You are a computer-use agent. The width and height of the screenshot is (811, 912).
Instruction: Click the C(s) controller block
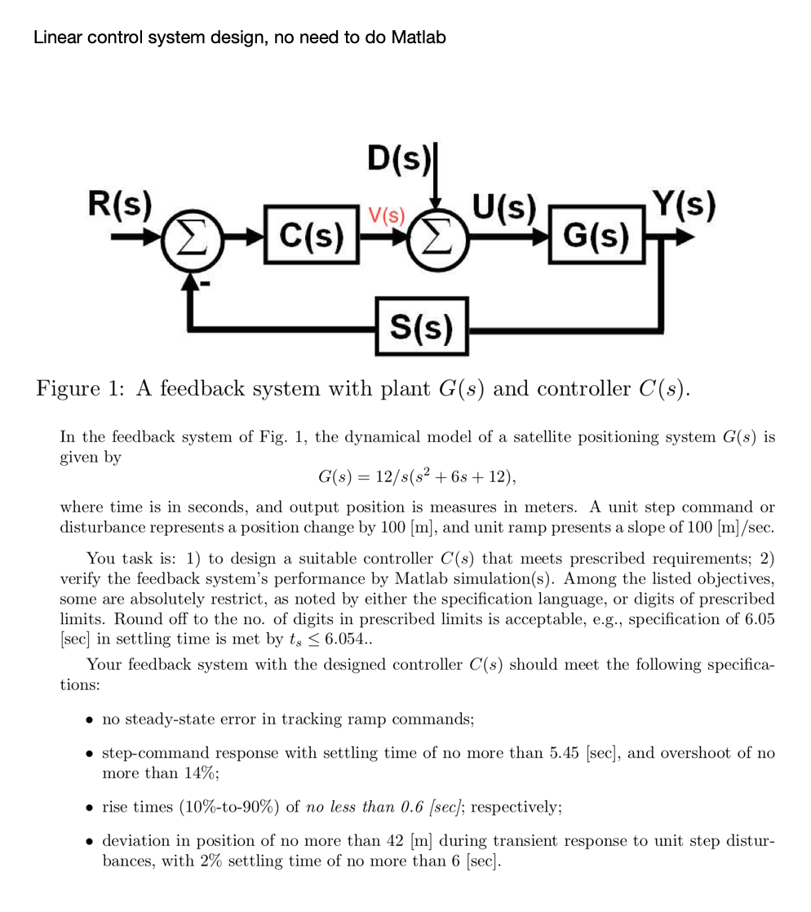click(x=312, y=237)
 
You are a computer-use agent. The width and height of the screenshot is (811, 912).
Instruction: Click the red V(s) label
click(x=386, y=216)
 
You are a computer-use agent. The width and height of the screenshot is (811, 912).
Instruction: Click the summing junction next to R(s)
click(x=190, y=241)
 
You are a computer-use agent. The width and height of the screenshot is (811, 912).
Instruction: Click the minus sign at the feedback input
click(x=206, y=282)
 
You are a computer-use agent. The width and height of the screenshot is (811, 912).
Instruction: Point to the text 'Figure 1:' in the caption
click(x=80, y=387)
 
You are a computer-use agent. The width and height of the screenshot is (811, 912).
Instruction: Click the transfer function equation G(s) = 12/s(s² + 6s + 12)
click(x=417, y=476)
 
